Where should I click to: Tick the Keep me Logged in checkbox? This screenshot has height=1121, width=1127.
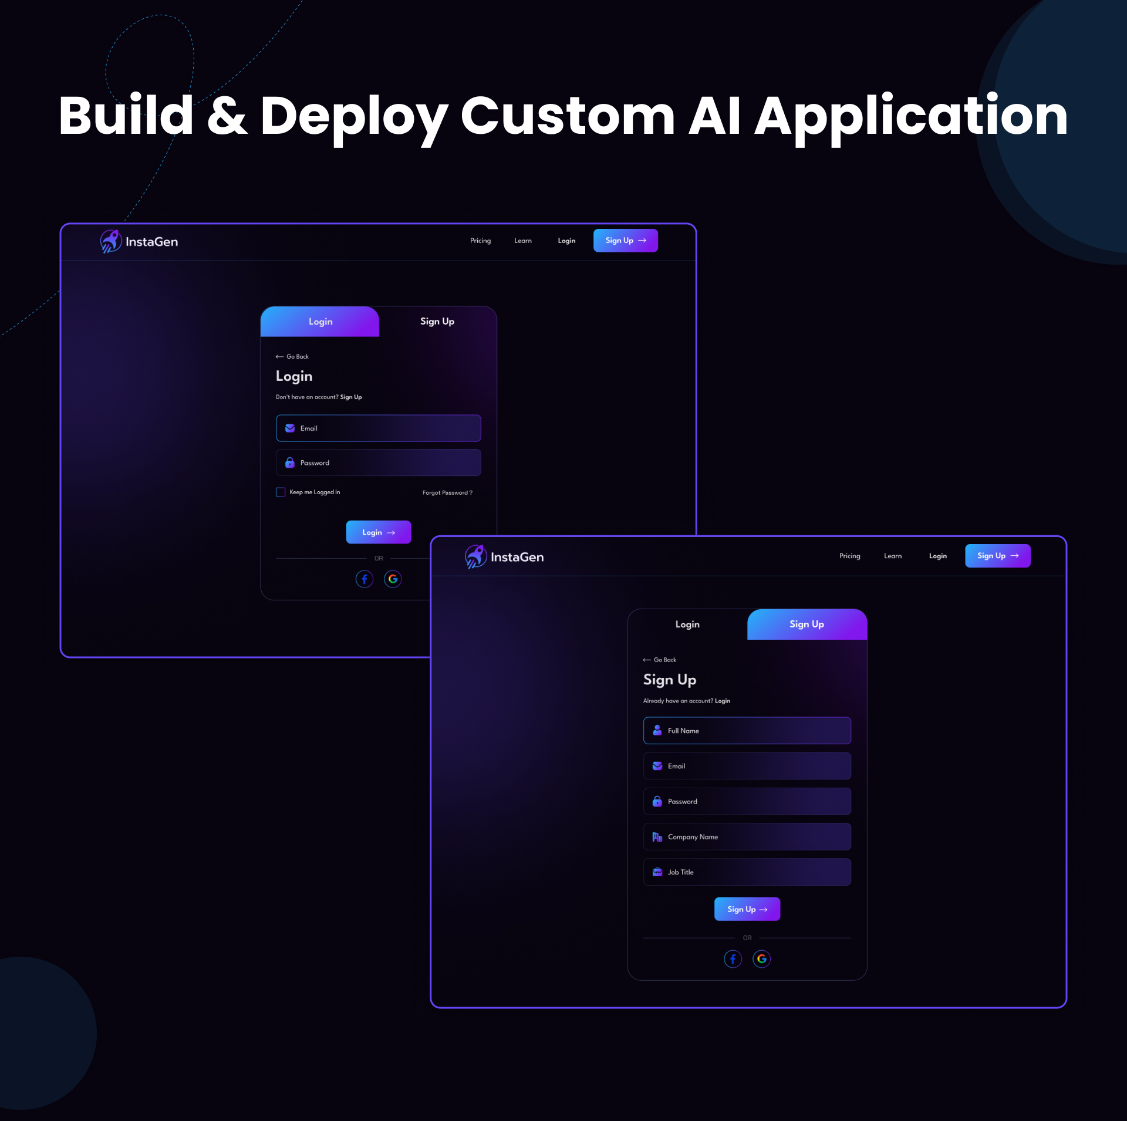(x=281, y=492)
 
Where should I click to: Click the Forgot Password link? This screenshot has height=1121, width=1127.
(x=447, y=492)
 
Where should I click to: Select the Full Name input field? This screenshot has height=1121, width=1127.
(x=747, y=731)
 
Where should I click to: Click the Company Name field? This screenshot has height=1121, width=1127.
(x=747, y=837)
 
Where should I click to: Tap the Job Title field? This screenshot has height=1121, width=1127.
(x=747, y=872)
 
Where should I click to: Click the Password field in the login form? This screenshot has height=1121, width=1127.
(x=378, y=462)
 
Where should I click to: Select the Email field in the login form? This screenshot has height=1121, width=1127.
(x=378, y=428)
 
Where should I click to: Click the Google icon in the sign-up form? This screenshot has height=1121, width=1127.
(x=761, y=959)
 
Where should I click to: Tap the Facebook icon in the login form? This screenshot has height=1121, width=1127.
(x=365, y=579)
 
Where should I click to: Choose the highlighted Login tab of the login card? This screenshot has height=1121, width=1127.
(x=320, y=322)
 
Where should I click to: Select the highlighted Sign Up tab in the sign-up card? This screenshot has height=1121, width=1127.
(x=807, y=624)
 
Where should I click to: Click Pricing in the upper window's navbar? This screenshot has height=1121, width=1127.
(x=480, y=241)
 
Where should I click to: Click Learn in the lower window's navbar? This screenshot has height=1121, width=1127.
(x=892, y=556)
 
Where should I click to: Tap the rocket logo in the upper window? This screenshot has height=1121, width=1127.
(x=110, y=241)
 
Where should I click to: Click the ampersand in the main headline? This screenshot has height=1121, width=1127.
(x=227, y=116)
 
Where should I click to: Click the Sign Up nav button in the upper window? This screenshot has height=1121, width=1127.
(x=625, y=241)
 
